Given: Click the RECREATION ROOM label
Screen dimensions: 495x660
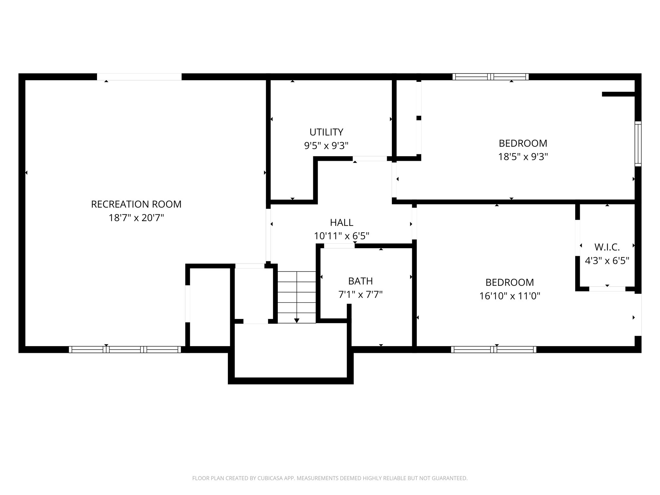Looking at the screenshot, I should point(136,204).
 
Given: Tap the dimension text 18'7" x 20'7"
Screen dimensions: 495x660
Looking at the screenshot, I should point(136,218).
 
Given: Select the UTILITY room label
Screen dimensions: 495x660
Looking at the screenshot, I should point(326,132).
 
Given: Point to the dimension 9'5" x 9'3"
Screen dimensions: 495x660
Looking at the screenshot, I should point(326,146).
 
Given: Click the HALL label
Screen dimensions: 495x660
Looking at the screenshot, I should point(341,223).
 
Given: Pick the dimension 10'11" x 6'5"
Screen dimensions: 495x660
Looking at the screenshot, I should point(341,236).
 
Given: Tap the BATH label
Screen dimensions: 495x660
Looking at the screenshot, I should point(360,281).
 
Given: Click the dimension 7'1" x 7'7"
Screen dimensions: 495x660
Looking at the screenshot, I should point(360,295).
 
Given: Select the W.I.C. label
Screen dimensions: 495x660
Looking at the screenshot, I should point(607,247).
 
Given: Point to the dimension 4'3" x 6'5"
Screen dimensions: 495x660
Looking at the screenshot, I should point(607,261).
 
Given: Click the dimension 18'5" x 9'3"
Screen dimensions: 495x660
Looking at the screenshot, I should point(523,157).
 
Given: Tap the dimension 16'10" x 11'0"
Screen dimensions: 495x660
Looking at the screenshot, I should point(510,296).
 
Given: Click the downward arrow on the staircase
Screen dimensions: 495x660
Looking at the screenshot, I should point(296,320).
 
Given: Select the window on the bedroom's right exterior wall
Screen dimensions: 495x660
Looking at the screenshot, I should point(638,144).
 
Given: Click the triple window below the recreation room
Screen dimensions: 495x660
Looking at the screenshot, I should point(125,349).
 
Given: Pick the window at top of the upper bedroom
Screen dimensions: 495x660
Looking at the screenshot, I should point(490,77).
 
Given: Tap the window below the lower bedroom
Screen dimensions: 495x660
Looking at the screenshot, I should point(493,349).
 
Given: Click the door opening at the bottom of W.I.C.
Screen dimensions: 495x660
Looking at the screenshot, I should point(607,289).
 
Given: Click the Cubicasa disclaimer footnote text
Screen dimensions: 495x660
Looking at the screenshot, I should point(330,478).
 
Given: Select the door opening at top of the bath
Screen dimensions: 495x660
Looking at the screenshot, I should point(339,246).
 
